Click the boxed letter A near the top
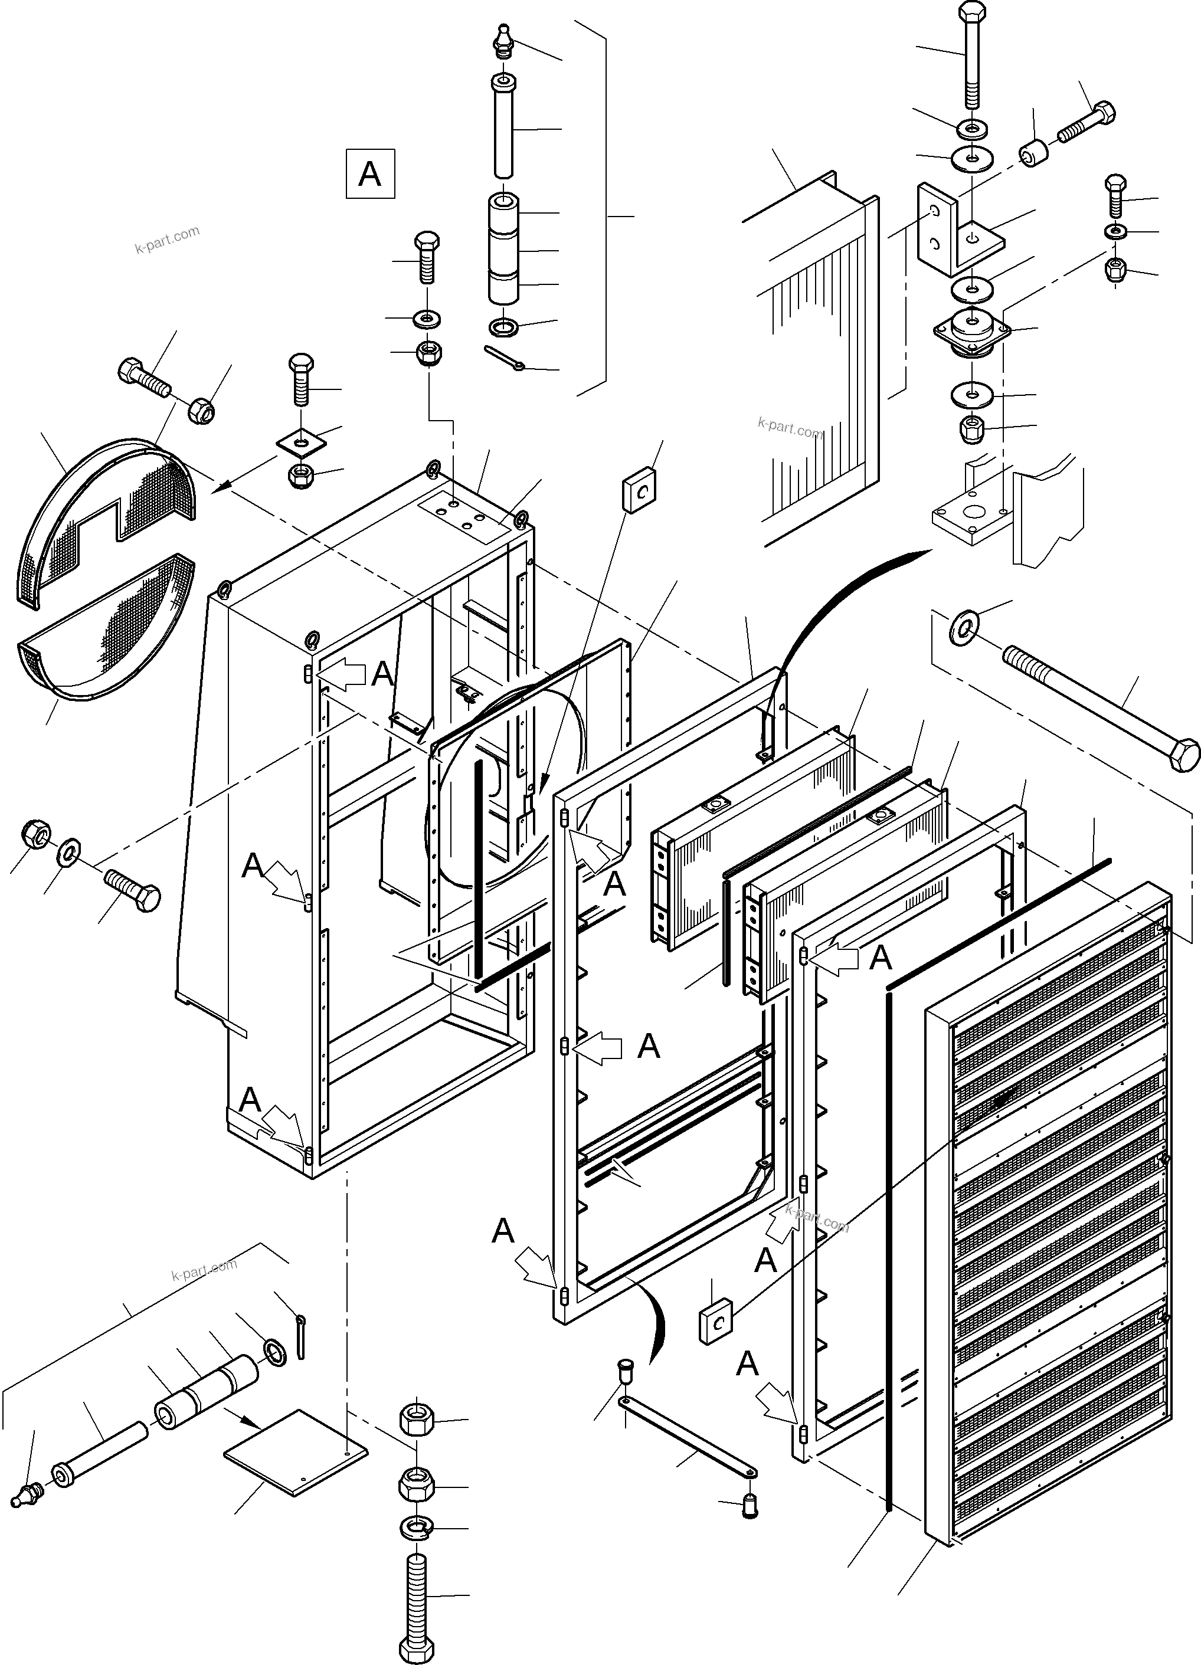(x=369, y=174)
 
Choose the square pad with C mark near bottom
(x=715, y=1322)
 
